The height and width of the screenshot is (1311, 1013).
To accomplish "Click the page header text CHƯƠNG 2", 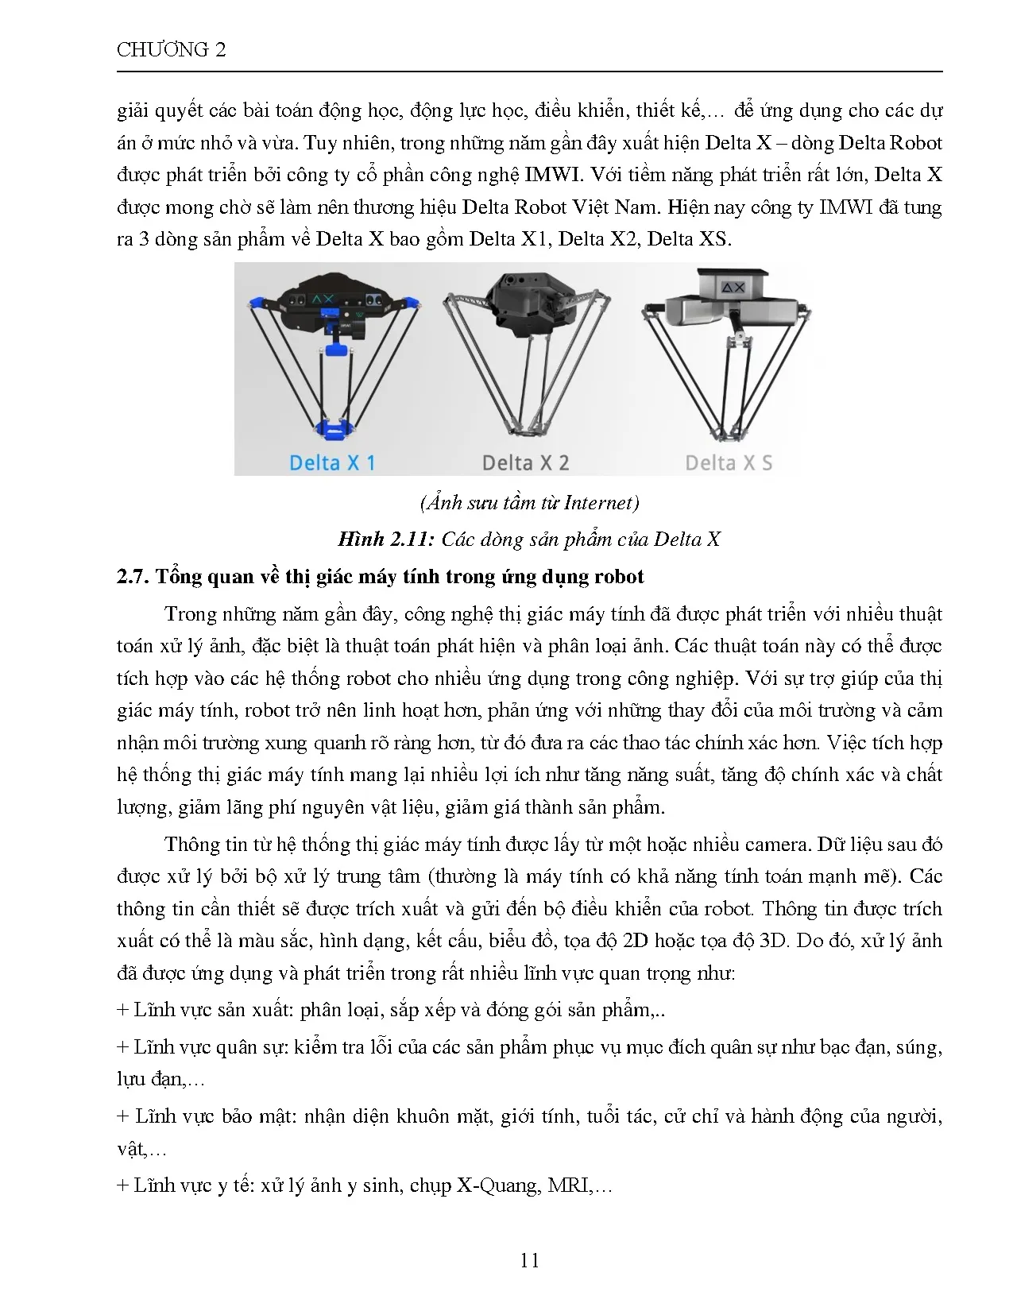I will tap(171, 50).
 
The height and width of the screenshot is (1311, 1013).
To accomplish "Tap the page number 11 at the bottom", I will tap(529, 1260).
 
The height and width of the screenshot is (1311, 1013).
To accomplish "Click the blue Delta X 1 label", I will tap(332, 462).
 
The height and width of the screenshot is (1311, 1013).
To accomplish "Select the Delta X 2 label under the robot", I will tap(525, 462).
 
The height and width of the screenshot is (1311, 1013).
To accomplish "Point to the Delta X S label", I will tap(728, 462).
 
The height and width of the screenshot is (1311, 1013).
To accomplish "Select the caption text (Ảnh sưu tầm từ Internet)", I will tap(528, 503).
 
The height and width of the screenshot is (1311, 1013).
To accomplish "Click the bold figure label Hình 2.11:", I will tap(386, 539).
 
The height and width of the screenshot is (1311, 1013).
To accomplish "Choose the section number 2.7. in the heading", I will tap(133, 577).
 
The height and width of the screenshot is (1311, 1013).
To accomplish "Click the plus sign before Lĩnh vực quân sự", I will tap(122, 1047).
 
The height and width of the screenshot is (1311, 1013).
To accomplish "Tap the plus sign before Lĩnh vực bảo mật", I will tap(122, 1116).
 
